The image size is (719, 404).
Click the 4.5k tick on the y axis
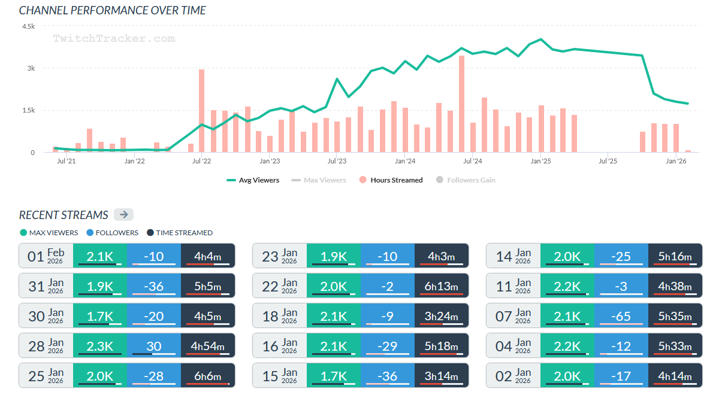point(29,27)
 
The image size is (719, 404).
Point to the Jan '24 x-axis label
point(405,161)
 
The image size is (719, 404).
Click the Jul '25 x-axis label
point(608,161)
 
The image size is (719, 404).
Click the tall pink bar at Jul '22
point(202,111)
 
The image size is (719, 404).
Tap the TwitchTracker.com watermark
point(114,39)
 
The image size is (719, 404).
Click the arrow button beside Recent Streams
point(123,215)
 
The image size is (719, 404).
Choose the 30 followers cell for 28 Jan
point(154,345)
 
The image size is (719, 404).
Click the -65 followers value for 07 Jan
point(621,315)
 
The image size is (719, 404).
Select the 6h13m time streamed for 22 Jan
point(442,285)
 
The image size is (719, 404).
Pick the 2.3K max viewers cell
point(100,345)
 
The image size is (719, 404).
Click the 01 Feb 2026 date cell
point(46,256)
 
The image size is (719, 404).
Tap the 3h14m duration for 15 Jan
point(442,375)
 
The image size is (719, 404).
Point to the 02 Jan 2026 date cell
point(513,375)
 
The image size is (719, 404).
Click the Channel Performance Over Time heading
point(113,10)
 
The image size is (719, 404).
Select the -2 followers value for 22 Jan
point(388,285)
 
